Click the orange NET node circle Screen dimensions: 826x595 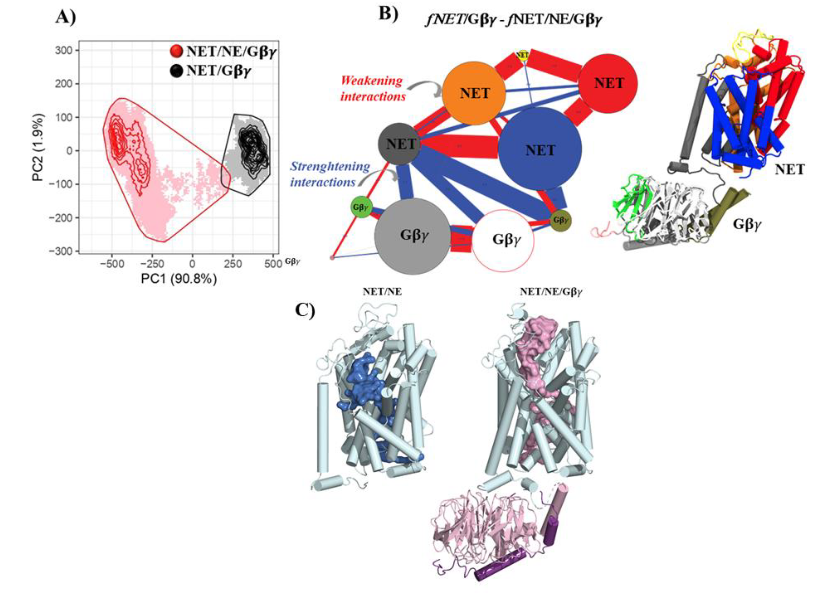474,94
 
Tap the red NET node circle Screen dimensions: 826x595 608,83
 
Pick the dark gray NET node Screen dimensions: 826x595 400,143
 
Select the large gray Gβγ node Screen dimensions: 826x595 413,236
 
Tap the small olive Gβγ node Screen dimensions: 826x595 560,220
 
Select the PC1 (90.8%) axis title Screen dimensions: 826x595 179,279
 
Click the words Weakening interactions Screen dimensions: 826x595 372,89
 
